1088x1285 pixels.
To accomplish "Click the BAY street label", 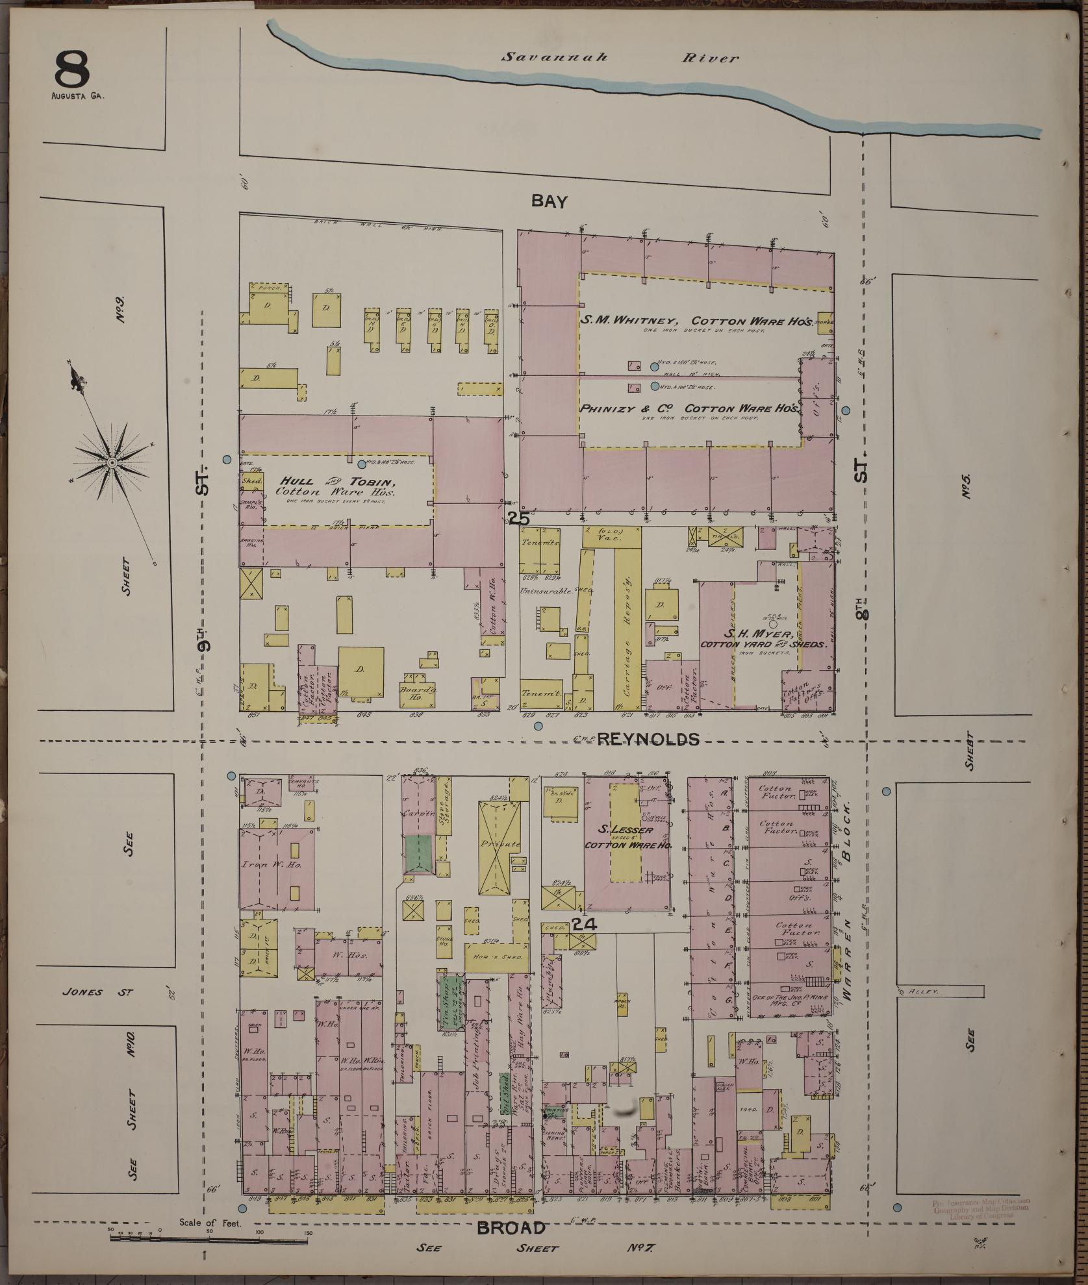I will (x=549, y=201).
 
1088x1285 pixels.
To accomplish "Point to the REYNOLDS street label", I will (x=648, y=739).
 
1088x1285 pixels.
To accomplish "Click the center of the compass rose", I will (x=112, y=462).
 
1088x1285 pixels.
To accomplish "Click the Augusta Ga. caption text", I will (x=77, y=95).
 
